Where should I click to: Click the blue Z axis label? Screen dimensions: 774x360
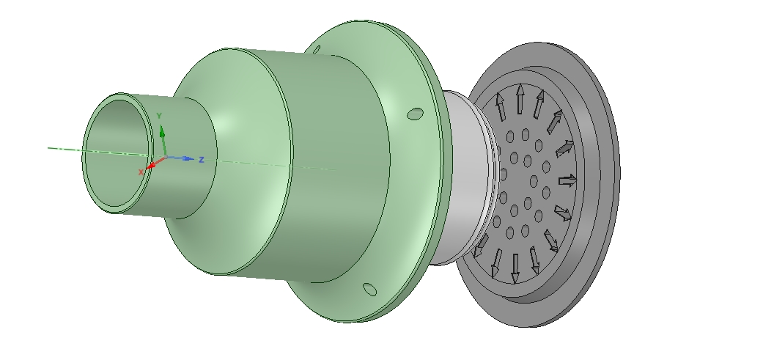pos(201,160)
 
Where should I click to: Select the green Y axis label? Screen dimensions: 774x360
pos(159,116)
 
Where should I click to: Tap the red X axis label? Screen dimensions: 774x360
pos(141,172)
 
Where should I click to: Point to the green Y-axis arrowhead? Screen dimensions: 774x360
pos(163,131)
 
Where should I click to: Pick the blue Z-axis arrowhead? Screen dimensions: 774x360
pos(188,158)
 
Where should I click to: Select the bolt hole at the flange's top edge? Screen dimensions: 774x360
pos(317,49)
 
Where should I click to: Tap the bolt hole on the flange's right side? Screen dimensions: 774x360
pos(416,114)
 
